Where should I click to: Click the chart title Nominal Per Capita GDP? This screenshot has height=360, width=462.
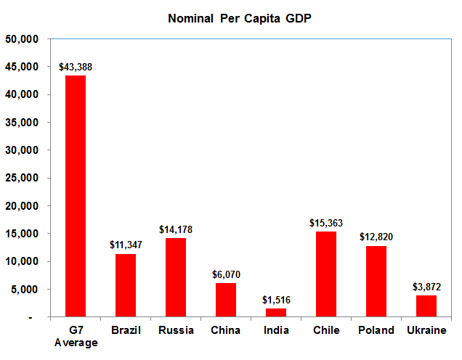tap(240, 17)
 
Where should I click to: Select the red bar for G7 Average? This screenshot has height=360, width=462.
tap(76, 196)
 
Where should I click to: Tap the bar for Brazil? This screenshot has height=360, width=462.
tap(126, 285)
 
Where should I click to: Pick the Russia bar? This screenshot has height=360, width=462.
tap(176, 277)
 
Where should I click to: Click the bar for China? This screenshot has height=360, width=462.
tap(226, 300)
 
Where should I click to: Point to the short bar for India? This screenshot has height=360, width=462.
tap(276, 313)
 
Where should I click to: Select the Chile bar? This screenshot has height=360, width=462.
tap(326, 274)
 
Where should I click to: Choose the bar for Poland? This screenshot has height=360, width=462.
tap(376, 282)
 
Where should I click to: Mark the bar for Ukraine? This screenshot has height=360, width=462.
tap(426, 306)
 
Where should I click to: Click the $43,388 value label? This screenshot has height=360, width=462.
tap(76, 67)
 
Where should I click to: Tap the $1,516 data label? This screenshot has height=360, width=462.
tap(276, 300)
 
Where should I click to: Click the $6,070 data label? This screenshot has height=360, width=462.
tap(226, 274)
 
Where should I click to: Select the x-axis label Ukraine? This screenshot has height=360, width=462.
tap(426, 330)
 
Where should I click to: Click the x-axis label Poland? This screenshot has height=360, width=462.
tap(376, 330)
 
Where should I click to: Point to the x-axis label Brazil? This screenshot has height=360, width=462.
tap(126, 330)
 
